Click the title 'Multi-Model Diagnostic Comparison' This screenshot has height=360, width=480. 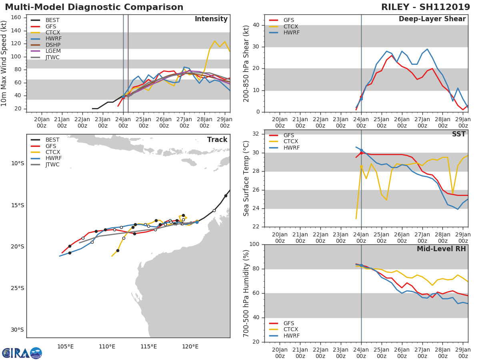point(94,7)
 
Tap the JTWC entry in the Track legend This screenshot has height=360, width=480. point(52,164)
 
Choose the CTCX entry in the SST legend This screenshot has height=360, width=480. point(291,142)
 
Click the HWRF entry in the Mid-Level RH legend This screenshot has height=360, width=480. point(291,336)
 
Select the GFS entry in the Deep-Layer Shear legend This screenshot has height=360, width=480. point(288,20)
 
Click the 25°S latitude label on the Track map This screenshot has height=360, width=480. point(18,288)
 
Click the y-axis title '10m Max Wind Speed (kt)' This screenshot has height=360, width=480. point(4,63)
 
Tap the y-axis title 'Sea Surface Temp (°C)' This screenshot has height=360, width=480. point(246,178)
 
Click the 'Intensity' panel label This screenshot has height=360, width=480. point(211,19)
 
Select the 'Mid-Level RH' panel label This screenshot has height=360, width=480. point(441,249)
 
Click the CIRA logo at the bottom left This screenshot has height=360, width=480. point(22,353)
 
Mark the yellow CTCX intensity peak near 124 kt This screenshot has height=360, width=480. point(214,41)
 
